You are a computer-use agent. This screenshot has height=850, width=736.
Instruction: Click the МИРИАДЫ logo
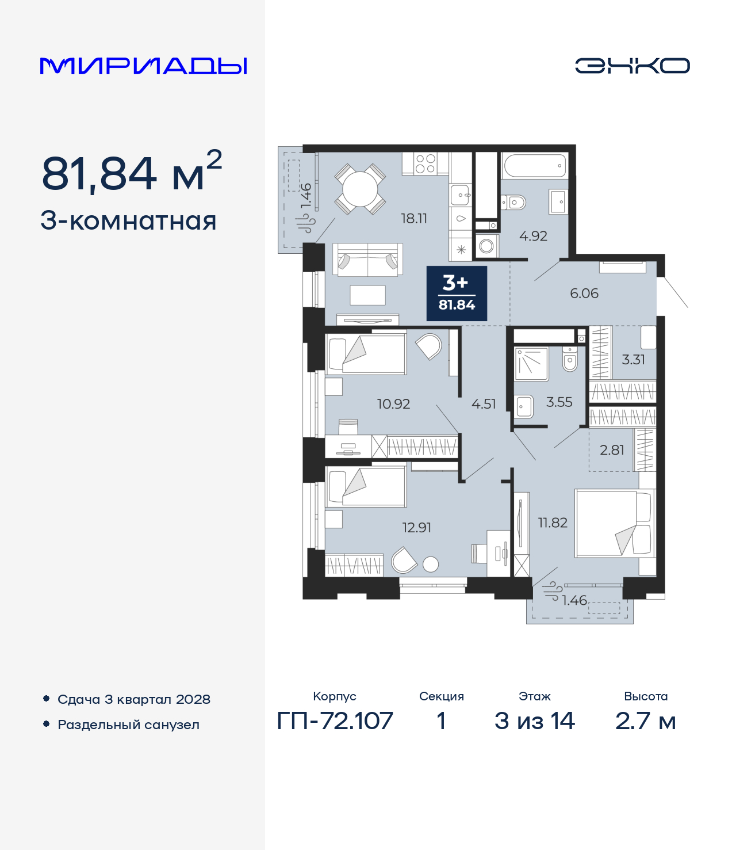point(143,66)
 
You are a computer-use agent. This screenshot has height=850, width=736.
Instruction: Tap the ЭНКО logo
point(632,66)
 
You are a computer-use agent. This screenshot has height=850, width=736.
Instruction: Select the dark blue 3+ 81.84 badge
point(457,293)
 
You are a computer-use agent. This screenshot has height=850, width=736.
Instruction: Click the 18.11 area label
point(414,219)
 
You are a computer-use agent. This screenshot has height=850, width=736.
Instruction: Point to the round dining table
point(361,189)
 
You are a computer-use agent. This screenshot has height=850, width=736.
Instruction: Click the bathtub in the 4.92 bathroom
point(534,166)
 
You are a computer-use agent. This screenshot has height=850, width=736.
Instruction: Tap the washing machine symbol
point(486,246)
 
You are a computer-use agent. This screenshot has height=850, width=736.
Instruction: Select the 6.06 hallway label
point(584,294)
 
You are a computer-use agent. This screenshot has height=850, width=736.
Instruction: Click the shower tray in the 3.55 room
point(531,364)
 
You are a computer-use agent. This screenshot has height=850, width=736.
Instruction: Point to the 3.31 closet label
point(633,360)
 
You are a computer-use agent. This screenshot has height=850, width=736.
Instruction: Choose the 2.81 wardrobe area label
point(612,450)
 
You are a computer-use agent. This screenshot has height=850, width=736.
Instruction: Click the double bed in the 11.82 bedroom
point(615,523)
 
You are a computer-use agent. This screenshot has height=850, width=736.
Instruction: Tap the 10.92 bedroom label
point(394,404)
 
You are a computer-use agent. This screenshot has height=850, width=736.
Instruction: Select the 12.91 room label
point(416,528)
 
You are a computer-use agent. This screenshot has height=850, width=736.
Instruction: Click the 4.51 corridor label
point(484,404)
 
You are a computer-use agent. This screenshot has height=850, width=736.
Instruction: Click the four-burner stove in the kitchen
point(425,163)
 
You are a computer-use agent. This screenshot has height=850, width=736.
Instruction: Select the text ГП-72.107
point(335,721)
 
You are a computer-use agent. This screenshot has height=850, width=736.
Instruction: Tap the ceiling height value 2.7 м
point(645,721)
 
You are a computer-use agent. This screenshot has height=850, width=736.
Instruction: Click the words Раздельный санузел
point(128,725)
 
